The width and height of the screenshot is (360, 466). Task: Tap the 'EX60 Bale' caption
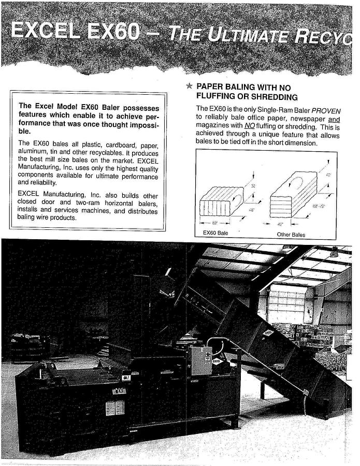coord(215,234)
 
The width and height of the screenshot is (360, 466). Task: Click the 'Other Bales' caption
coord(291,235)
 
